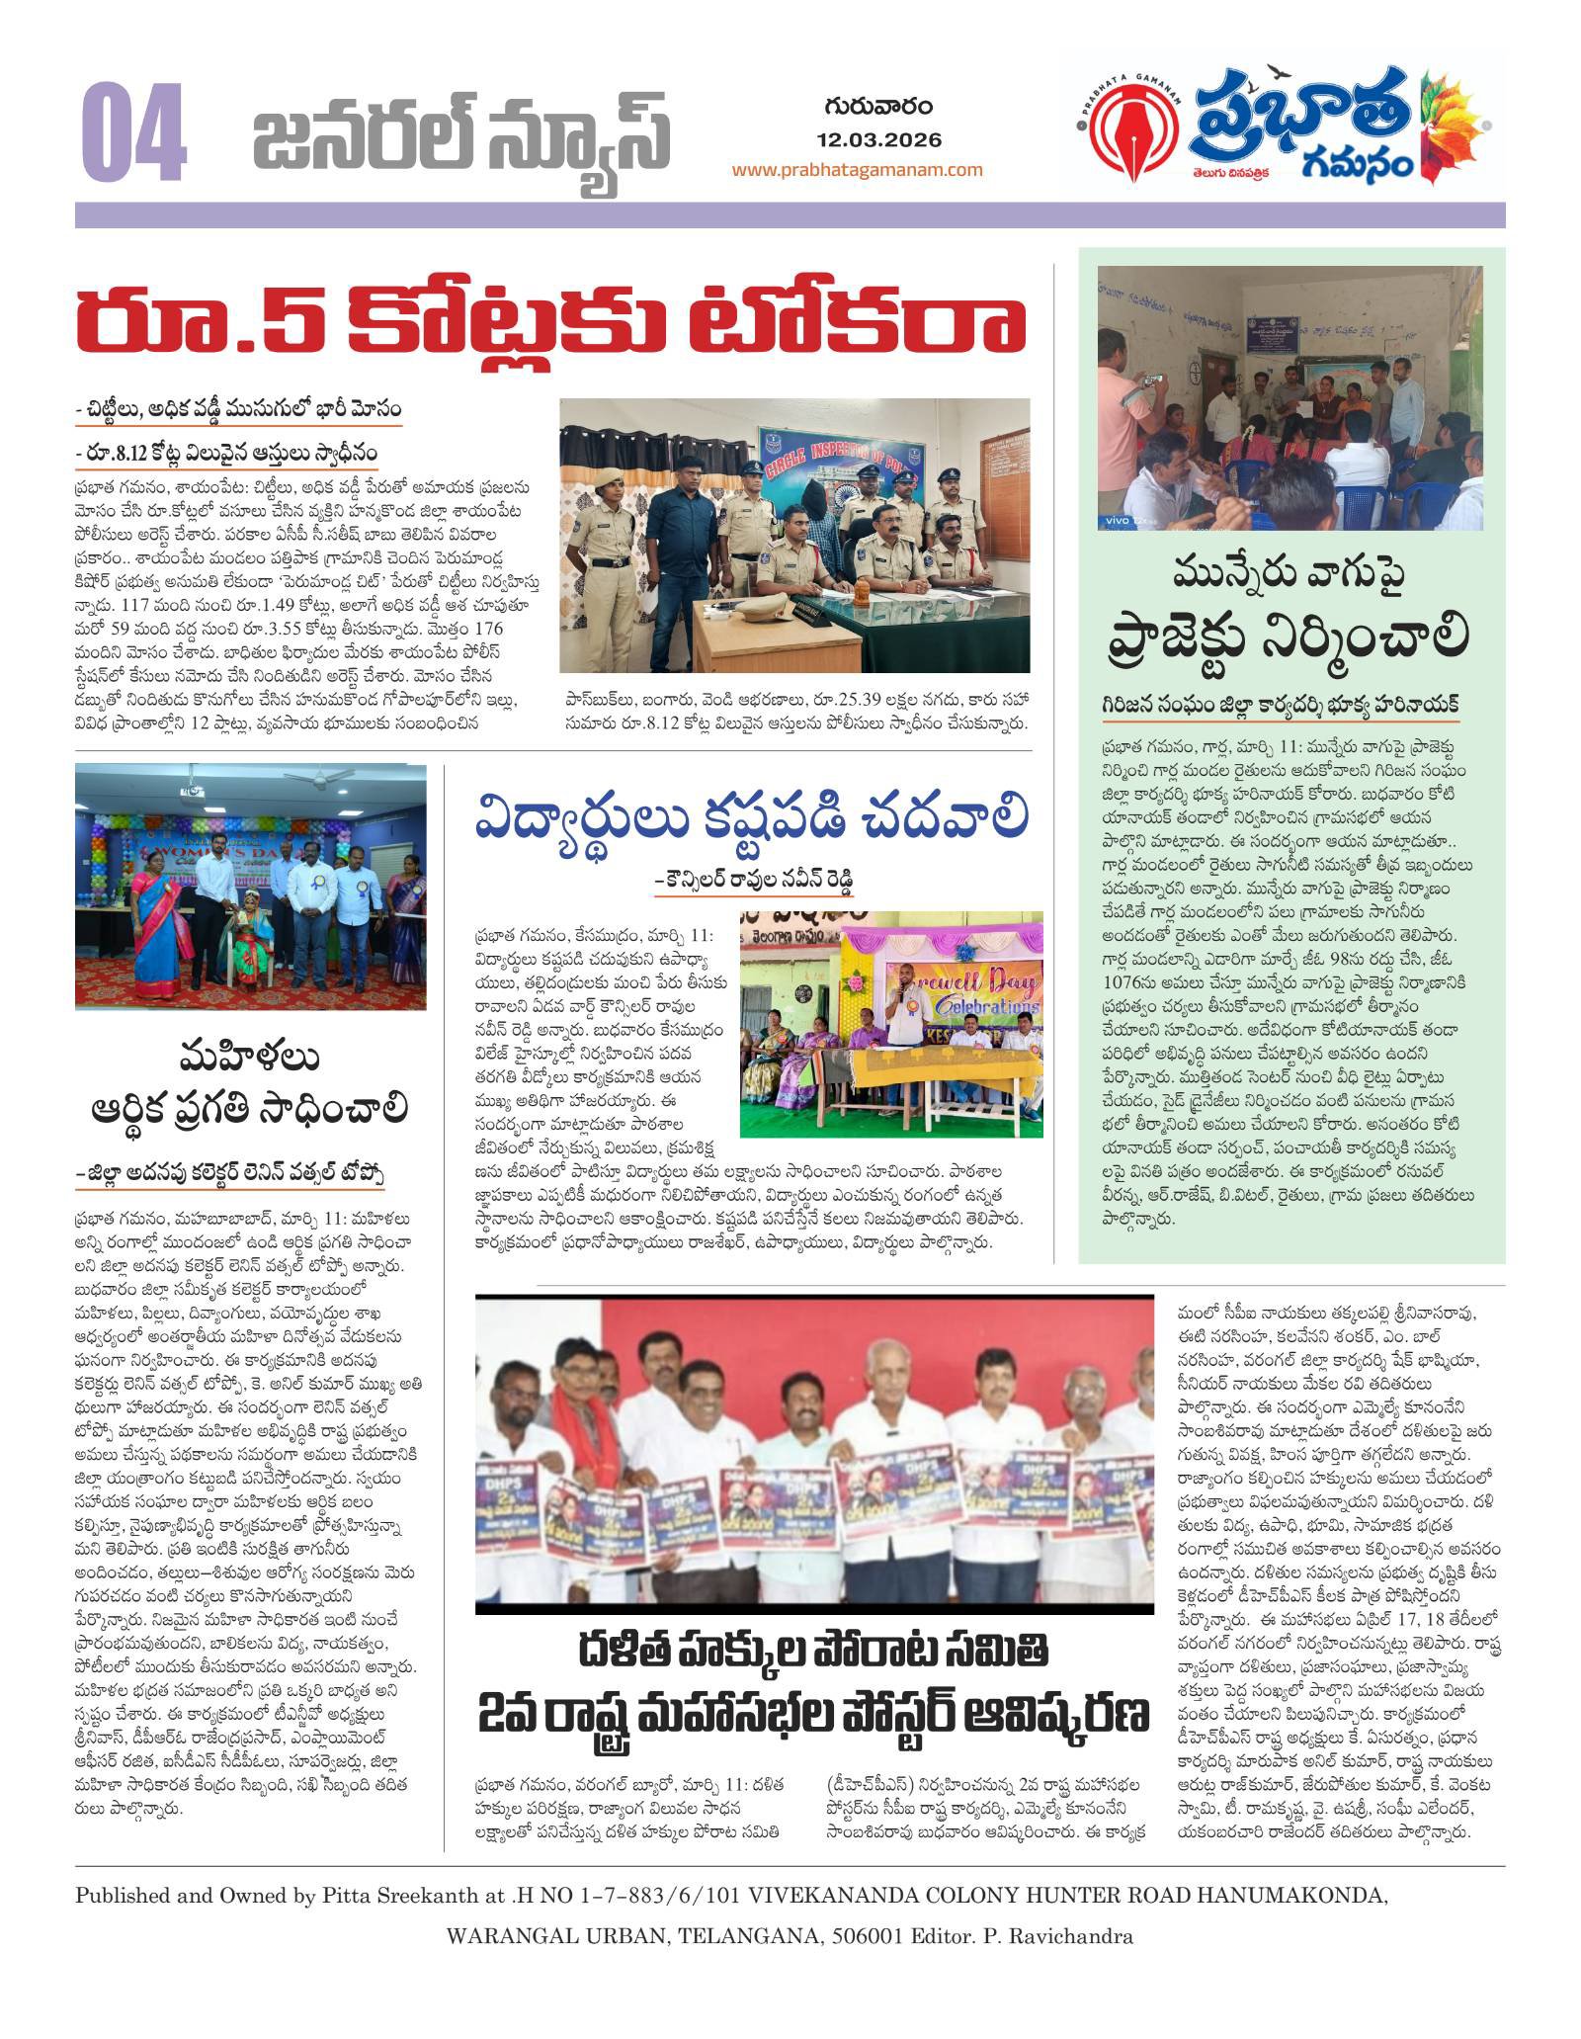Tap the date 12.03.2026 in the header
[x=879, y=140]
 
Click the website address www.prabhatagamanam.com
[x=857, y=170]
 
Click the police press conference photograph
[x=794, y=535]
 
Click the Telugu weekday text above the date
[x=878, y=107]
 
